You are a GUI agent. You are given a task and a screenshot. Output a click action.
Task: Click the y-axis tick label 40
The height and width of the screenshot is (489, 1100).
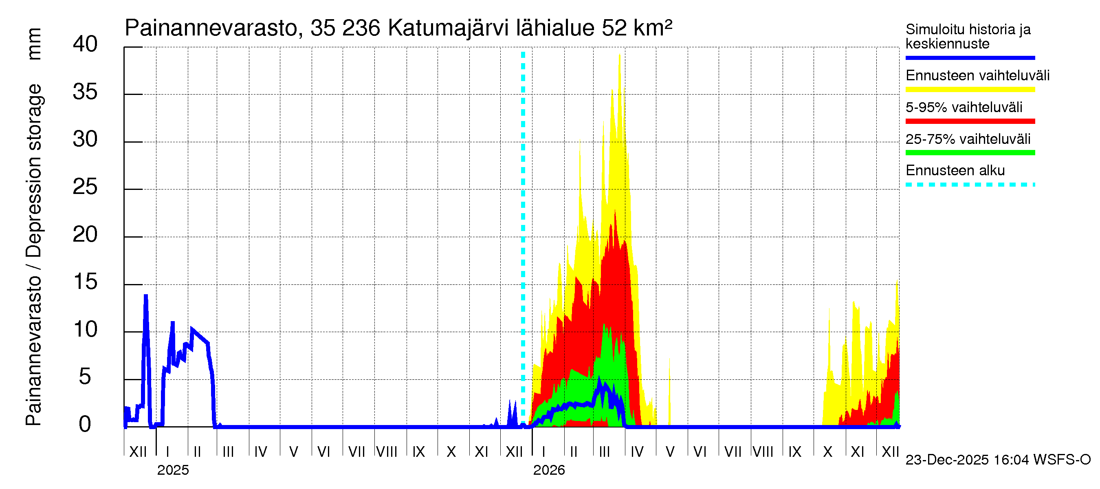(85, 44)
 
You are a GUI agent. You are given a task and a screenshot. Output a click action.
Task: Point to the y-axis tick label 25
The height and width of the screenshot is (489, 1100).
(85, 187)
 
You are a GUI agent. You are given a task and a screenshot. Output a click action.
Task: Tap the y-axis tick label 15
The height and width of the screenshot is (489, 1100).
(85, 282)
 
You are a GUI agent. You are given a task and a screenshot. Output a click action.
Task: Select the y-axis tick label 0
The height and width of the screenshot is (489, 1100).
(85, 425)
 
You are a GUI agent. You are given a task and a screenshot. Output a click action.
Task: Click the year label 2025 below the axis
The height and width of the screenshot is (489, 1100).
(173, 470)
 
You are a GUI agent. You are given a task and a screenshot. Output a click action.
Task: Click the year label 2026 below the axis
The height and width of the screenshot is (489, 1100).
(549, 470)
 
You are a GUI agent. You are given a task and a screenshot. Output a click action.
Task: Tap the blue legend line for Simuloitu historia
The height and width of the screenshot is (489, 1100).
(970, 57)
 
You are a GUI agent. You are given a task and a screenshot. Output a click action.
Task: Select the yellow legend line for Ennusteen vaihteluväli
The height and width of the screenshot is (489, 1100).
(970, 90)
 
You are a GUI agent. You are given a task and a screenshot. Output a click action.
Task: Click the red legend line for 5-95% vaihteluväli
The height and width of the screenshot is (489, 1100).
(970, 121)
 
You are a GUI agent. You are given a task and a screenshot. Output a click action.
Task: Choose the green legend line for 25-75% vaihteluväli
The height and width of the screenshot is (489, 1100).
(970, 153)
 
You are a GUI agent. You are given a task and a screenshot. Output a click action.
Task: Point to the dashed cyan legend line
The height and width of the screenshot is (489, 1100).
(970, 185)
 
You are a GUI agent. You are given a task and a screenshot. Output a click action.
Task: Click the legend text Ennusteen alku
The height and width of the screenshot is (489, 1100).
(955, 170)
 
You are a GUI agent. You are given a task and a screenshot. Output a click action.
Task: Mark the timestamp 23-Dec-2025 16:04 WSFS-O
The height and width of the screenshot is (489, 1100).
(998, 460)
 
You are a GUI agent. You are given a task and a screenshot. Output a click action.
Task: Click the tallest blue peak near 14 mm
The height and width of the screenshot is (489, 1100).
(145, 296)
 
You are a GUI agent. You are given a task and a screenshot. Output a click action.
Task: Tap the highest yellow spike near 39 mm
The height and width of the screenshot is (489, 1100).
(619, 56)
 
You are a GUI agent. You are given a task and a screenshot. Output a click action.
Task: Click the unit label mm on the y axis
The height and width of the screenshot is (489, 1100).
(34, 44)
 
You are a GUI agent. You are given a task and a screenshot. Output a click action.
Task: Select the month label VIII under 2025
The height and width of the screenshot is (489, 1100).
(387, 452)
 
